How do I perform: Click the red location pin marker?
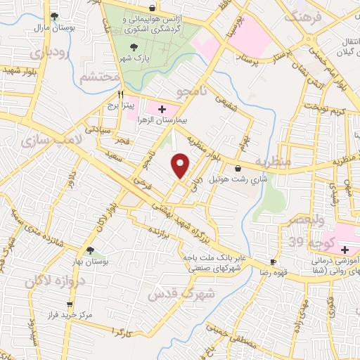(x=181, y=166)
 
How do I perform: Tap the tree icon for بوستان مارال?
(x=55, y=15)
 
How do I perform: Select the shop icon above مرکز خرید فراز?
(x=69, y=305)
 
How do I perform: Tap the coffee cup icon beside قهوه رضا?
(x=273, y=262)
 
